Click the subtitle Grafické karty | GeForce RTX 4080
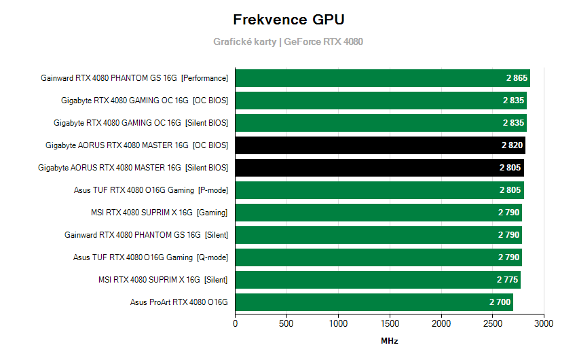click(x=288, y=41)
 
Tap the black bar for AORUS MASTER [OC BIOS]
click(x=380, y=145)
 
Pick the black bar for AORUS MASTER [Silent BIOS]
click(x=379, y=168)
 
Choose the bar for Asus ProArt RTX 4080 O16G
click(x=374, y=302)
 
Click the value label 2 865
click(x=517, y=78)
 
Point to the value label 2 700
click(x=500, y=302)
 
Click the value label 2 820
click(x=512, y=145)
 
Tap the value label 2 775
click(x=508, y=280)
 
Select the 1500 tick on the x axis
click(x=390, y=323)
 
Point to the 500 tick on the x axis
click(x=286, y=323)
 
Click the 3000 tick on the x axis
click(x=544, y=323)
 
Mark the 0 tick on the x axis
click(x=236, y=323)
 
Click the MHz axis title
click(x=389, y=340)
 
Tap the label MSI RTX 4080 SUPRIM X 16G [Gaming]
click(x=159, y=213)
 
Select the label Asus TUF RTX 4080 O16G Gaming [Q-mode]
click(x=151, y=257)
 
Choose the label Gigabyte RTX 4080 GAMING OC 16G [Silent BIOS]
click(x=141, y=123)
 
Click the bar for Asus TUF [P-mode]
click(x=379, y=190)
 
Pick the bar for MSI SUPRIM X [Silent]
click(x=377, y=280)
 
